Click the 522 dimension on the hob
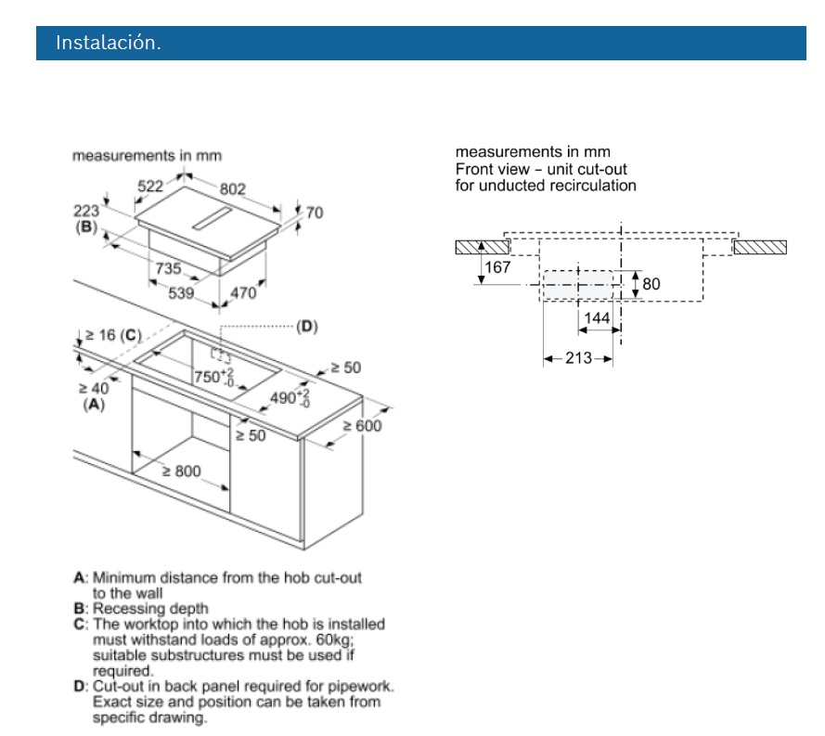tap(150, 187)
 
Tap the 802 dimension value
tap(233, 189)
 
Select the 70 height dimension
tap(314, 213)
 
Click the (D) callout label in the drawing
tap(306, 326)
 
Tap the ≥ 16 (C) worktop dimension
tap(110, 335)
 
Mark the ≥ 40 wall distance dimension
tap(93, 389)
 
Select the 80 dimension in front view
tap(651, 284)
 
